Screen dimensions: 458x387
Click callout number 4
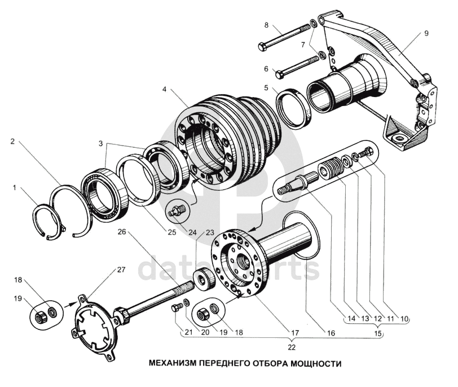click(x=164, y=89)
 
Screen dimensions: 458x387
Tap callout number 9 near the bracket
click(x=426, y=33)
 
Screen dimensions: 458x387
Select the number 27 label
click(x=121, y=270)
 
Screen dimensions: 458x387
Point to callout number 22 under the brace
click(x=292, y=348)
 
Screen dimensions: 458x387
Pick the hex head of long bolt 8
click(x=262, y=46)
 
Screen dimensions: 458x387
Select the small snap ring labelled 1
click(x=45, y=219)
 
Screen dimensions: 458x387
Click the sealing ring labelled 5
click(x=294, y=108)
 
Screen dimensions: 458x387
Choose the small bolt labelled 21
click(x=177, y=307)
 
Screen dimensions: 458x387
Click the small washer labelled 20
click(x=186, y=302)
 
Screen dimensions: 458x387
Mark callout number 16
click(x=331, y=333)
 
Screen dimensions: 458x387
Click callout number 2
click(x=12, y=142)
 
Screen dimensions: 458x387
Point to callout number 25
click(x=171, y=232)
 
